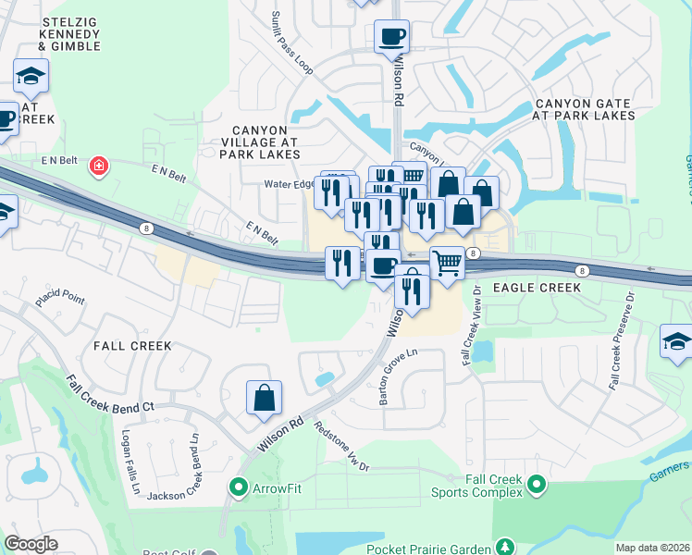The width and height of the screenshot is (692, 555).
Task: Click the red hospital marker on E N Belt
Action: pos(98,166)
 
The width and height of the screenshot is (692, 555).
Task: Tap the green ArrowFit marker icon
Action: pos(238,486)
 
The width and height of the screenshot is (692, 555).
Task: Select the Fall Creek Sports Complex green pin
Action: pos(535,484)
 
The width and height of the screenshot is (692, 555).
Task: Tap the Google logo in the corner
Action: pos(31,544)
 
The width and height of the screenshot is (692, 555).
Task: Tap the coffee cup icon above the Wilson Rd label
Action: pos(391,37)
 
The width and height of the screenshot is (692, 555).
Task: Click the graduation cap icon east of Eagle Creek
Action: pos(676,341)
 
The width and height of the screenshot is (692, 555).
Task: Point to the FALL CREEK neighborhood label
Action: pos(132,345)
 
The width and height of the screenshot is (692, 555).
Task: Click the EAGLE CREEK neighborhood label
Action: pos(537,288)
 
